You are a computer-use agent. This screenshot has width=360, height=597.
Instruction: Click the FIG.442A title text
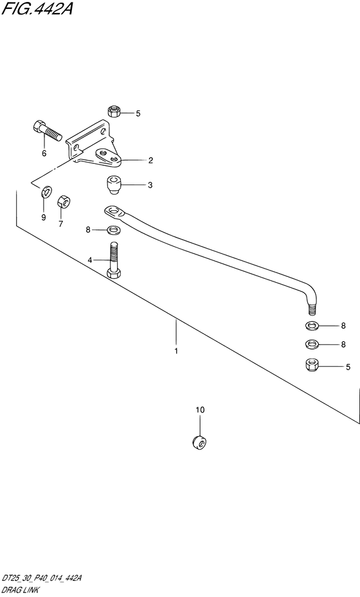click(x=37, y=9)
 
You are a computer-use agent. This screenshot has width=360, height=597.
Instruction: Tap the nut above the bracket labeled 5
click(x=114, y=111)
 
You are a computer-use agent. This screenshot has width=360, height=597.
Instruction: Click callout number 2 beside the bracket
click(x=151, y=160)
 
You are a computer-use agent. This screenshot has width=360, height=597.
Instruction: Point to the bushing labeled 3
click(x=113, y=184)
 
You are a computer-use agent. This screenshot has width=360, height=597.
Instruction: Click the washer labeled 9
click(x=46, y=192)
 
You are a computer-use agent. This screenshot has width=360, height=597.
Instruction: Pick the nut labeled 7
click(x=64, y=202)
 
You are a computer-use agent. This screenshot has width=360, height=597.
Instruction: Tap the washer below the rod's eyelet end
click(x=113, y=229)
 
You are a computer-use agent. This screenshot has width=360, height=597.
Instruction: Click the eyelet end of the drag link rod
click(x=113, y=211)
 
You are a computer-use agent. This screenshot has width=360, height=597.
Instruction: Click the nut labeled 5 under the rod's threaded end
click(x=312, y=365)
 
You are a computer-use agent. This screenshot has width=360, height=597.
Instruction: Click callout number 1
click(x=176, y=351)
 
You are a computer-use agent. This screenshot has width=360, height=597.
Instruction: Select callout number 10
click(x=200, y=410)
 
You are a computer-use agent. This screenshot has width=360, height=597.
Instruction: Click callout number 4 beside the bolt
click(x=90, y=260)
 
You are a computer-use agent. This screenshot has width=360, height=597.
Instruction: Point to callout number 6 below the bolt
click(x=44, y=154)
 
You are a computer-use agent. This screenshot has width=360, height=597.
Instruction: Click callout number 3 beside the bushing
click(x=150, y=185)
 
